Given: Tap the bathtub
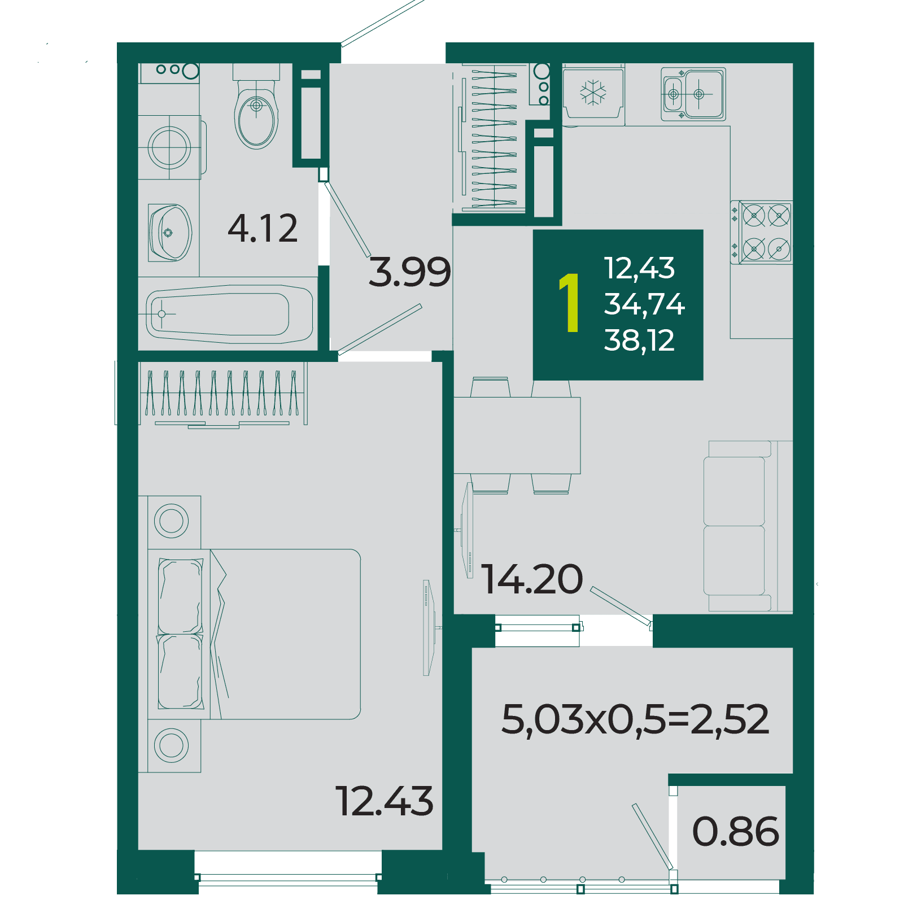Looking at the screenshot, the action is (x=229, y=314).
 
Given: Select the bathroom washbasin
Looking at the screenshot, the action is (x=169, y=233).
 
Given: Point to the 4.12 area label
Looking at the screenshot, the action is (x=263, y=229).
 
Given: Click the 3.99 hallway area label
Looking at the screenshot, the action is (x=410, y=272).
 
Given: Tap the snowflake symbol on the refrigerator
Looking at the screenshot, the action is (x=593, y=93).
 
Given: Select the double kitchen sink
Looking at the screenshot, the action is (x=693, y=94).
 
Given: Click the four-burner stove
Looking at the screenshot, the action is (x=762, y=232).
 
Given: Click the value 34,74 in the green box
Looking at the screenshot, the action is (x=644, y=304).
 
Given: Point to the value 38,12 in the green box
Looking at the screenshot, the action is (x=639, y=340).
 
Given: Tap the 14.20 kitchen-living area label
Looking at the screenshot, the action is (x=532, y=579).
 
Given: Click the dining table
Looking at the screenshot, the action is (x=517, y=435).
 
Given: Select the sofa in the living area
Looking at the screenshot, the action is (x=748, y=526).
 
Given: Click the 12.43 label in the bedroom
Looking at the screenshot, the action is (x=385, y=801).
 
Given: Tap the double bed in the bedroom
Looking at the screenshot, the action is (x=254, y=634).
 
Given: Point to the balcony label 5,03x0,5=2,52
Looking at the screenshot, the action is (x=635, y=719).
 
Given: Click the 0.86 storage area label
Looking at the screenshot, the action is (x=736, y=832).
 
